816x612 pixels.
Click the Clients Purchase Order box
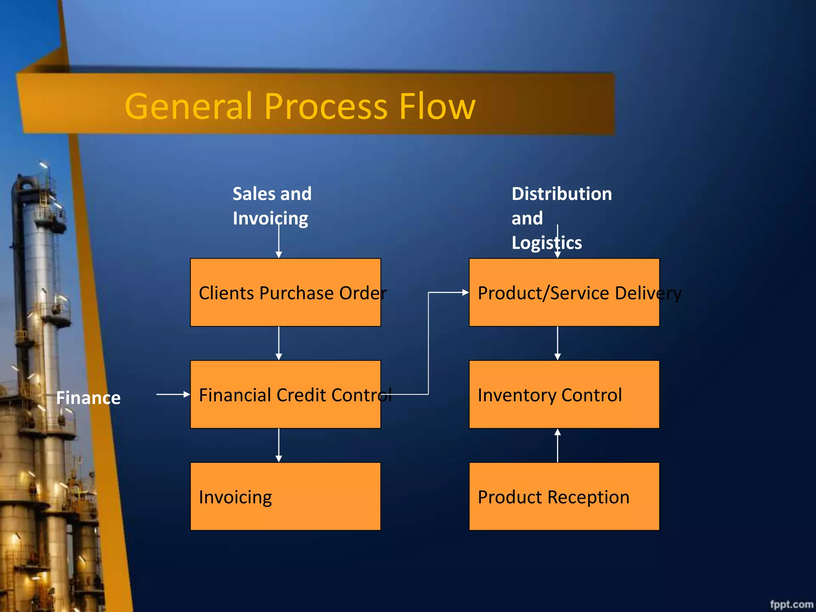pyautogui.click(x=285, y=292)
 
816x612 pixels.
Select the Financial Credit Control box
pyautogui.click(x=285, y=394)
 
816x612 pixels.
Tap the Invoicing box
pyautogui.click(x=285, y=496)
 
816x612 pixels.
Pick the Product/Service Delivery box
pyautogui.click(x=564, y=292)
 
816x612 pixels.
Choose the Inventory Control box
pyautogui.click(x=564, y=394)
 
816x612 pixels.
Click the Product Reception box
pyautogui.click(x=564, y=496)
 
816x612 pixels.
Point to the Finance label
pyautogui.click(x=88, y=398)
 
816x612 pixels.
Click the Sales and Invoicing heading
pyautogui.click(x=272, y=206)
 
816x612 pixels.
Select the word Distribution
pyautogui.click(x=561, y=194)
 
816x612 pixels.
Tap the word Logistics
pyautogui.click(x=546, y=243)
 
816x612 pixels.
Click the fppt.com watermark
pyautogui.click(x=791, y=604)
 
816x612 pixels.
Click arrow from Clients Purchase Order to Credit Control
pyautogui.click(x=279, y=343)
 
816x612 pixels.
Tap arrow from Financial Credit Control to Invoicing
pyautogui.click(x=279, y=445)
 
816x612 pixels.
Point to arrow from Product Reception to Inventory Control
pyautogui.click(x=557, y=445)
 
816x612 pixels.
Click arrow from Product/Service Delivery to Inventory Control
pyautogui.click(x=557, y=343)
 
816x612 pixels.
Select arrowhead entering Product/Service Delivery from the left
pyautogui.click(x=465, y=292)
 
